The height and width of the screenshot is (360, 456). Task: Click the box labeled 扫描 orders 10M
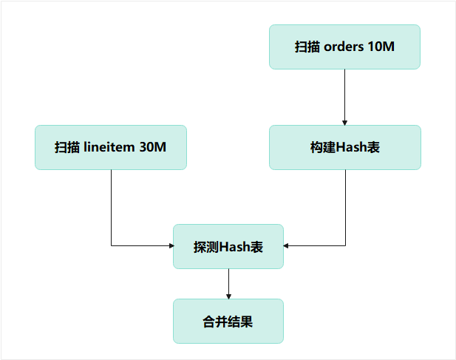344,47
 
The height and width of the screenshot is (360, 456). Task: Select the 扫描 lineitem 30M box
111,147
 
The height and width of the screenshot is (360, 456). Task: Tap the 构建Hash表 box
344,147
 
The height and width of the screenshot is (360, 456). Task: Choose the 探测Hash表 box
228,246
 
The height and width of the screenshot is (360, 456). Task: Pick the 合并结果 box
228,322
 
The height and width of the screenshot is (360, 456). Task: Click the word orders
344,47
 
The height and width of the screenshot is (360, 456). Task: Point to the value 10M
381,47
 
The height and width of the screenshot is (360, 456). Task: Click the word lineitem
110,147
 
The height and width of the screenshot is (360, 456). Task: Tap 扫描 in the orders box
307,47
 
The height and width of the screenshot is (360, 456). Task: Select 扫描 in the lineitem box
67,147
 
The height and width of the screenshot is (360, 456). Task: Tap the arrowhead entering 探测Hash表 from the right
287,245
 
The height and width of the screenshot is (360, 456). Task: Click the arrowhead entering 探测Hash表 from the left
170,245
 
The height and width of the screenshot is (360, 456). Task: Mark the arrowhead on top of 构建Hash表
345,122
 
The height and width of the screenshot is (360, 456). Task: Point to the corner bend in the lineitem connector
111,245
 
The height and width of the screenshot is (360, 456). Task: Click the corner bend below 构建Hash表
345,245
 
